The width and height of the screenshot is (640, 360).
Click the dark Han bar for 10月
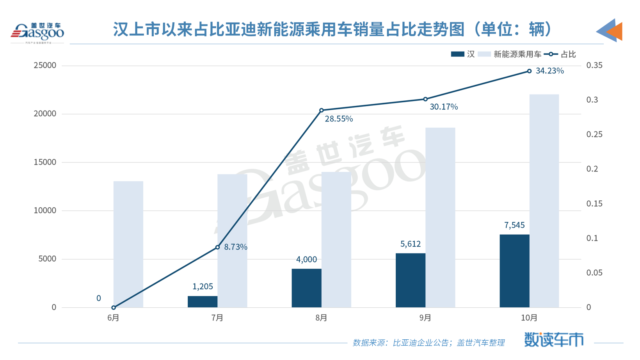(x=514, y=271)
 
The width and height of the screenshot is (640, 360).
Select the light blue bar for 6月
(x=128, y=244)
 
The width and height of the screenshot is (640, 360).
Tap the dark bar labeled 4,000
(x=306, y=288)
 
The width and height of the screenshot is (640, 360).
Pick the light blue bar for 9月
(x=440, y=217)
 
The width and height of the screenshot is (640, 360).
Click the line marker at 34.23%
(x=529, y=71)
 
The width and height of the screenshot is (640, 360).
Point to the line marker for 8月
(x=322, y=110)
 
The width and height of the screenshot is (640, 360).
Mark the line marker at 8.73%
(x=217, y=247)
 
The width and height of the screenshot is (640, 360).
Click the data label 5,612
(x=411, y=244)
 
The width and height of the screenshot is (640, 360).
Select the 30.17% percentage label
(x=444, y=107)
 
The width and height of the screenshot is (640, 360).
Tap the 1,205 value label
(x=203, y=287)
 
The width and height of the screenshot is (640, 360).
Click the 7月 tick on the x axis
(x=217, y=318)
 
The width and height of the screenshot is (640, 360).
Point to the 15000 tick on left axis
(x=45, y=162)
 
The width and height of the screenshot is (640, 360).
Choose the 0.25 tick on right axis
(x=594, y=134)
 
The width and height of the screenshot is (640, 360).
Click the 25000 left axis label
(x=45, y=65)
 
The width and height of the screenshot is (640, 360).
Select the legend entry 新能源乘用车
(x=517, y=54)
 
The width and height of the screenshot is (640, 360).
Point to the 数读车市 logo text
(x=553, y=340)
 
